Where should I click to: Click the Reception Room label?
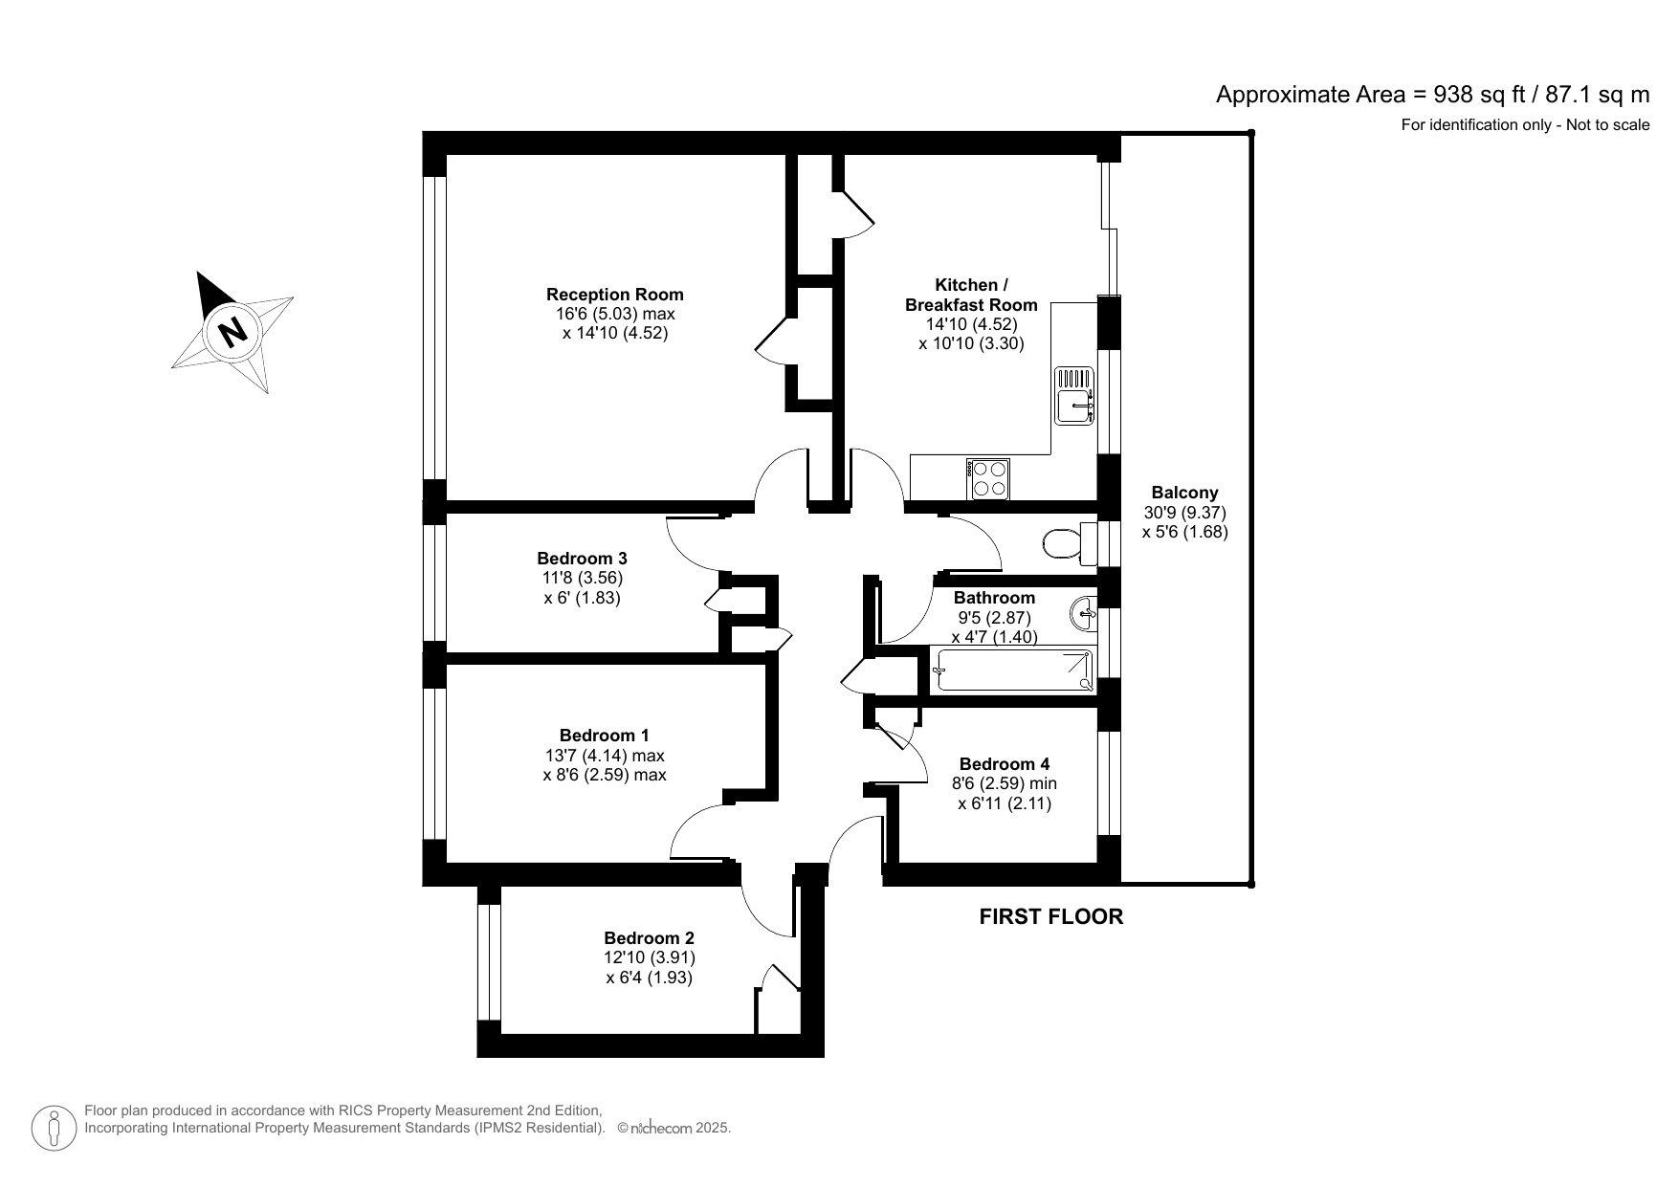click(614, 295)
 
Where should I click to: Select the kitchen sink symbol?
click(1074, 395)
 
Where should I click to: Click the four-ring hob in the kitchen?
click(989, 479)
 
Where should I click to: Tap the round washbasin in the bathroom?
click(1086, 612)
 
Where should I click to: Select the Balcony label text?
click(1184, 493)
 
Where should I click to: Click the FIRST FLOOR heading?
click(1050, 916)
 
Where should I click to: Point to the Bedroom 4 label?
click(1005, 763)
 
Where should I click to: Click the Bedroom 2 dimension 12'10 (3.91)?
click(649, 957)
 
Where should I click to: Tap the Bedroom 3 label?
click(582, 558)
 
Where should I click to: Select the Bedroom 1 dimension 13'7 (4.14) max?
click(604, 755)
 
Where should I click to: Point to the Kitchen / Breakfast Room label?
click(971, 295)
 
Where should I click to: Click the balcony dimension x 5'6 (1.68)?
click(1184, 532)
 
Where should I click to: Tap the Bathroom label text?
click(994, 598)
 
